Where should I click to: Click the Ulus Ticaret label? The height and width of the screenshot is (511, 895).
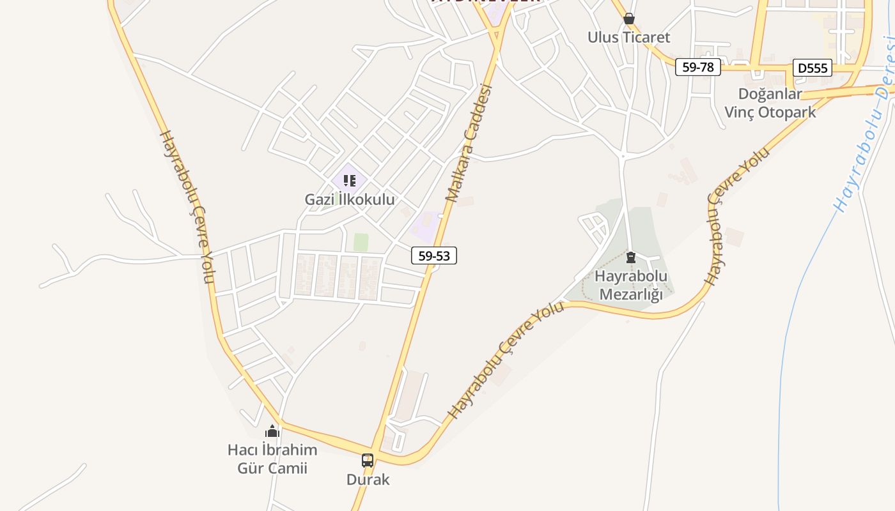(x=629, y=37)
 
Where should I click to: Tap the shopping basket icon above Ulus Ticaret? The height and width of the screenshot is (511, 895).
(x=629, y=19)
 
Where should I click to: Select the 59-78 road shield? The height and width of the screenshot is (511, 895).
(x=698, y=66)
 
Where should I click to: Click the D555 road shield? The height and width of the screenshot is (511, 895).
(x=813, y=68)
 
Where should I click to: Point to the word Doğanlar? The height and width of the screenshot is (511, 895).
(x=770, y=94)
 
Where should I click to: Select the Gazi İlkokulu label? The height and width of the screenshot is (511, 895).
(x=349, y=199)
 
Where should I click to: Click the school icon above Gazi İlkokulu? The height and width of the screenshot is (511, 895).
(x=349, y=181)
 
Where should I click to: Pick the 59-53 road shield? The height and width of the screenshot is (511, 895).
(x=434, y=256)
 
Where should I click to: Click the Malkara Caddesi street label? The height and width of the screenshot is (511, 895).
(x=470, y=144)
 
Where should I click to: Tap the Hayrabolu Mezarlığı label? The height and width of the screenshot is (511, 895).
(x=631, y=285)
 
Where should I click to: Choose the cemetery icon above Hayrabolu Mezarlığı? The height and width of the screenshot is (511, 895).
(x=631, y=257)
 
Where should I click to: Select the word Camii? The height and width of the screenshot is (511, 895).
(x=288, y=468)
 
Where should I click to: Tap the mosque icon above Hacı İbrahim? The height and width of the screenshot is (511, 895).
(x=272, y=431)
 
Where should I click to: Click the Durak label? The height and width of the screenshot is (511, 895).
(x=368, y=479)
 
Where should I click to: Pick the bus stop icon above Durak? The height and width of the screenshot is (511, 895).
(x=368, y=460)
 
